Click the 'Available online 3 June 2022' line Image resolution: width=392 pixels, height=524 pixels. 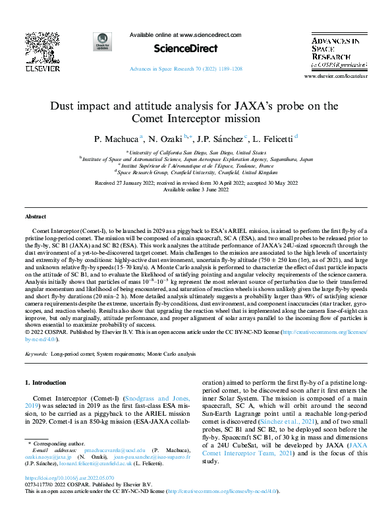click(x=196, y=189)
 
